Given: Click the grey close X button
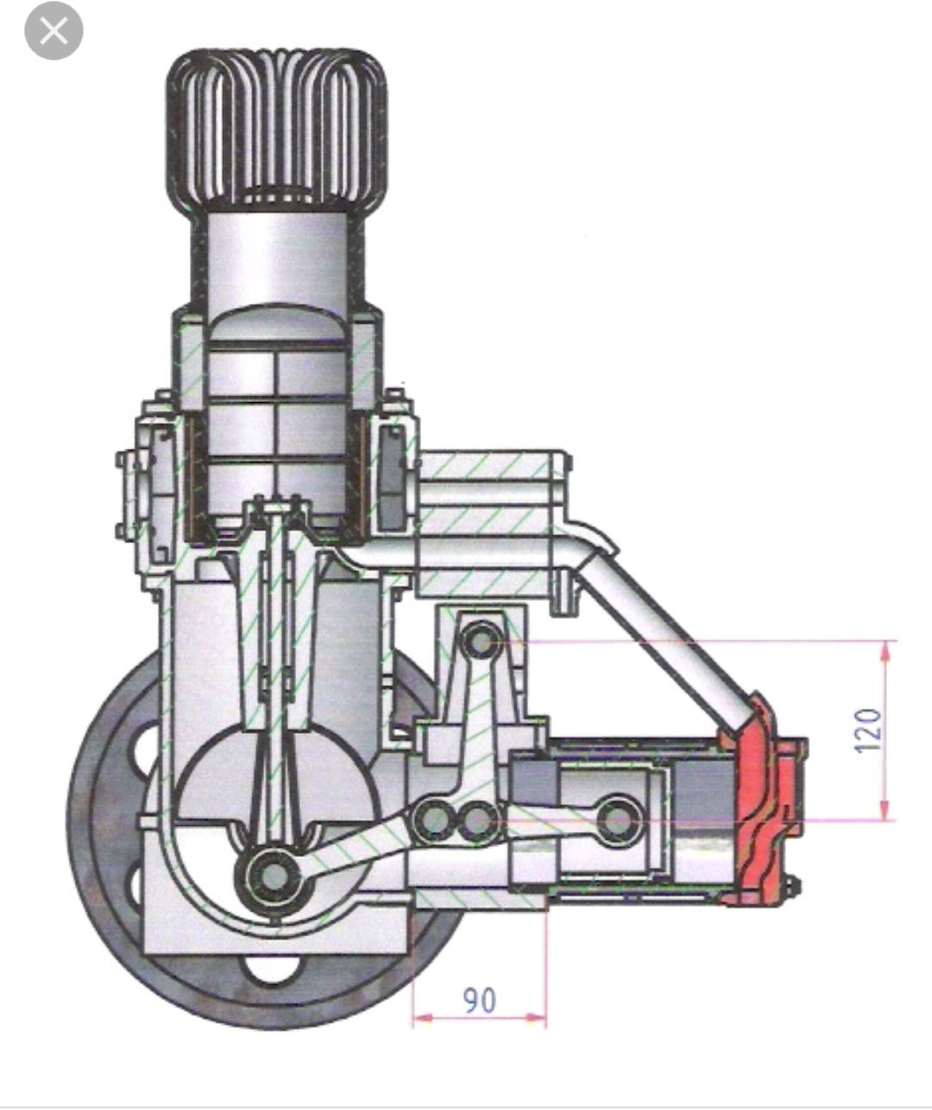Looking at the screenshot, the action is coord(54,30).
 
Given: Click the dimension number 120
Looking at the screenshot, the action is coord(868,730).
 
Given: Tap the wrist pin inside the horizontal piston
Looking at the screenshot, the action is coord(619,819).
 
